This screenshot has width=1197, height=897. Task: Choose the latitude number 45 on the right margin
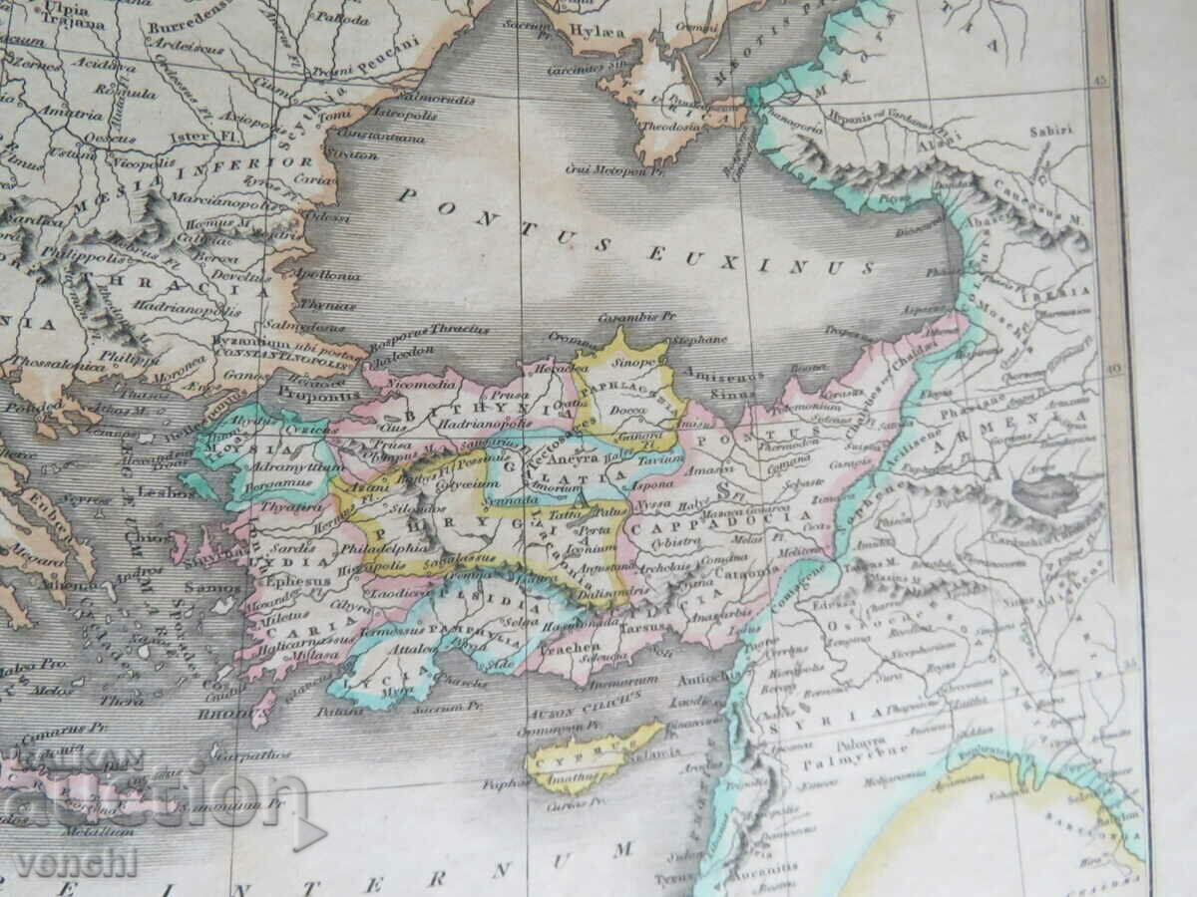1101,83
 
